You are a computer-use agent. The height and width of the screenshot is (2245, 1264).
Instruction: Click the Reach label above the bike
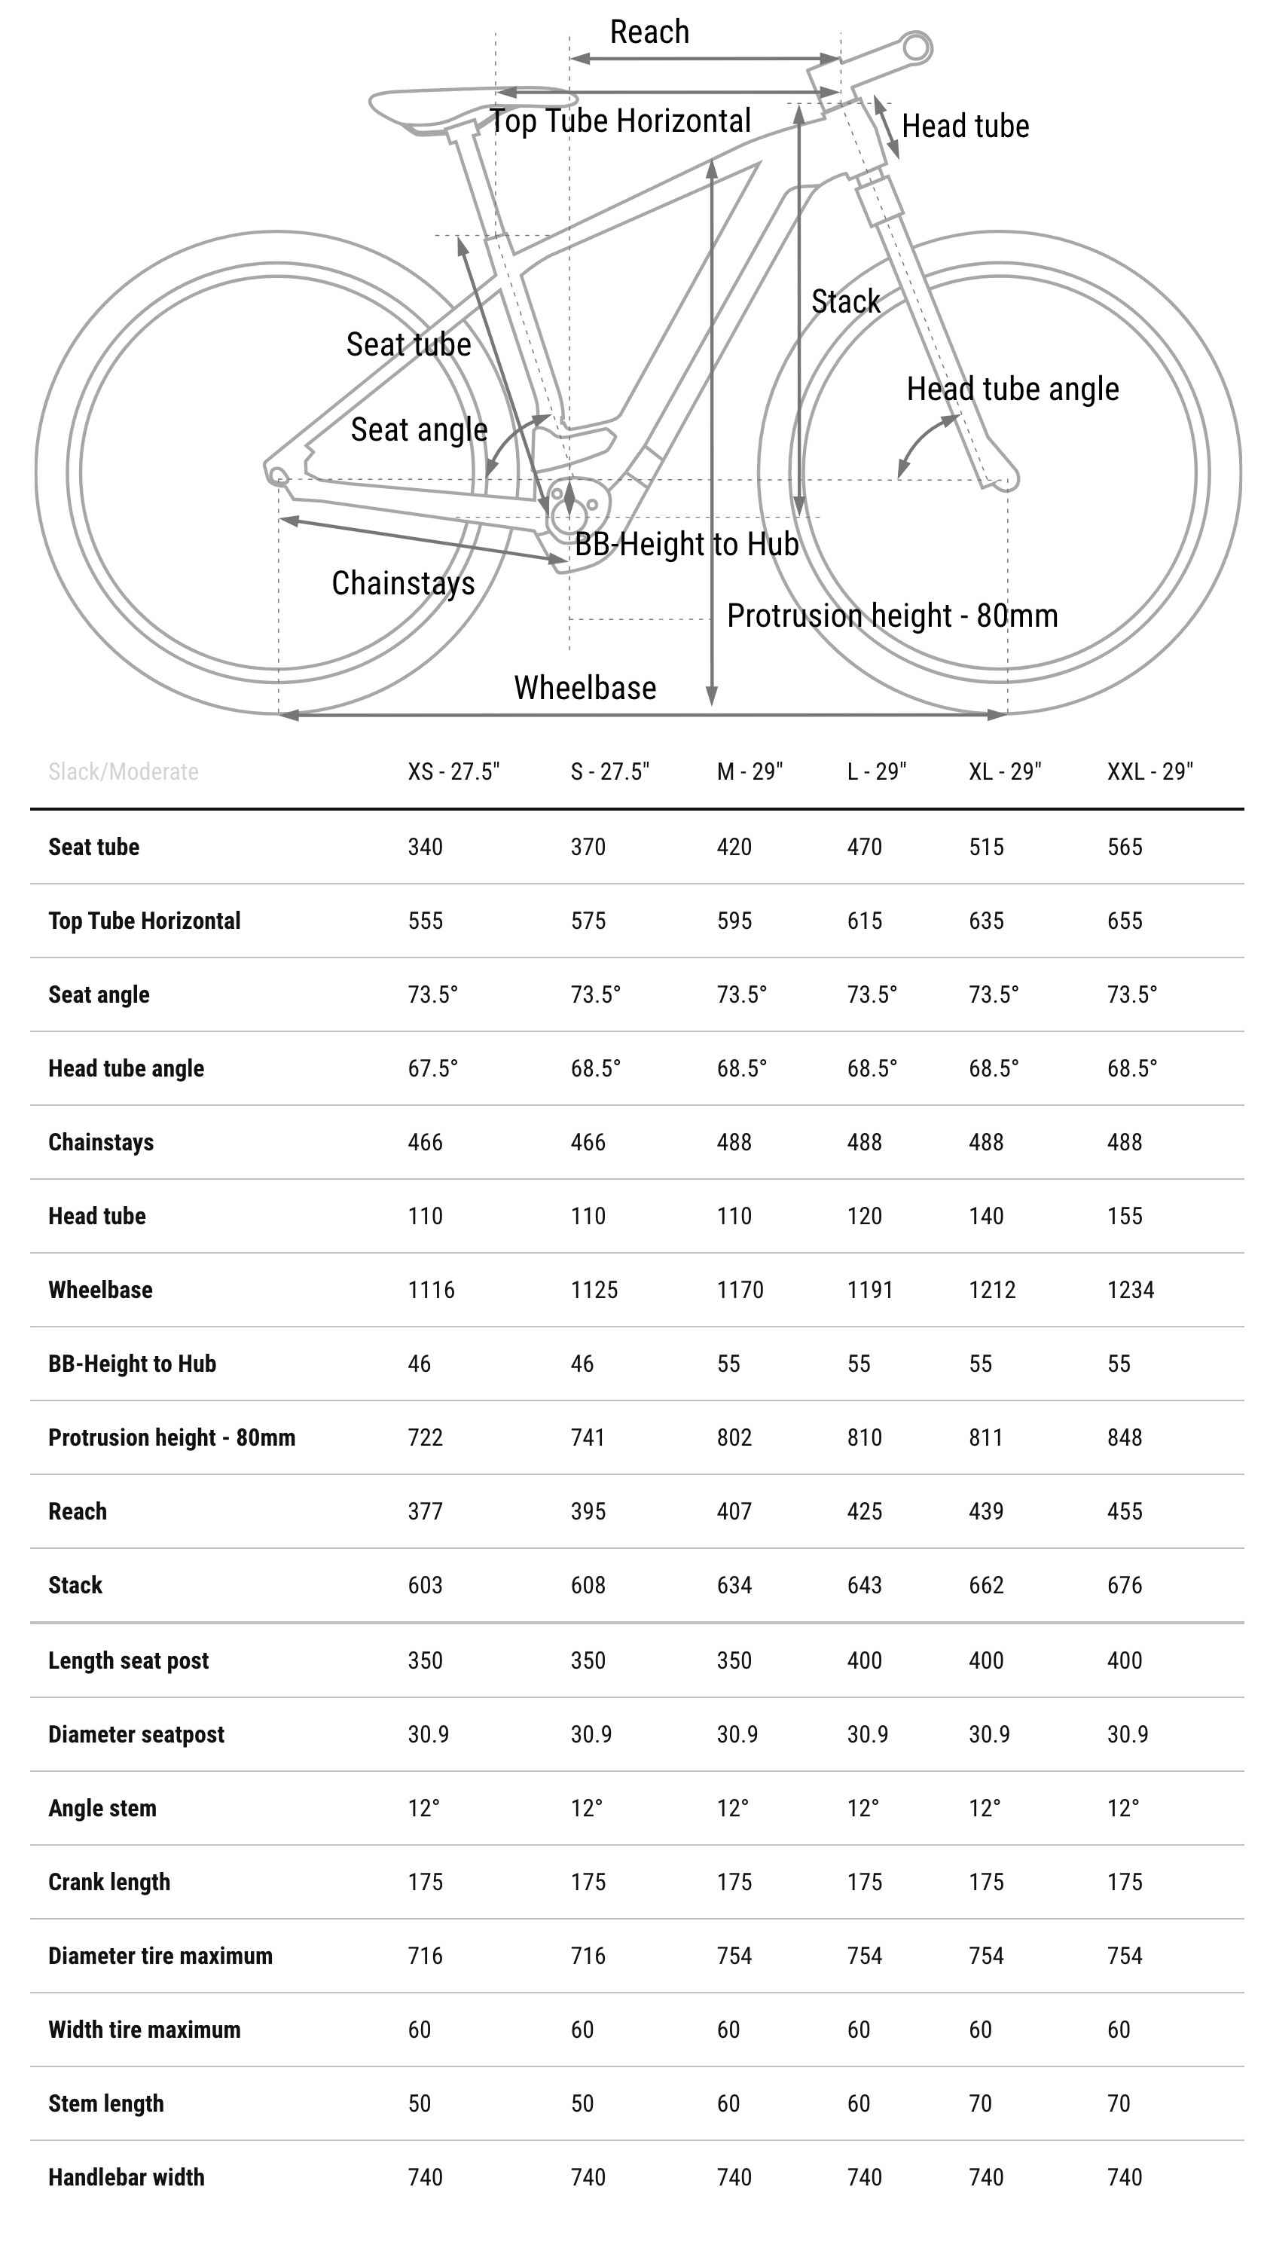click(649, 32)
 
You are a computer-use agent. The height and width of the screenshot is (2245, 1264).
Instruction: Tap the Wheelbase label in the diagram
click(585, 688)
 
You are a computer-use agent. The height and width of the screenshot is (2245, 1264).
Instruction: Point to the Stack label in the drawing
click(845, 301)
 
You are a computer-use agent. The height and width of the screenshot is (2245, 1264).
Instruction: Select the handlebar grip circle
click(917, 47)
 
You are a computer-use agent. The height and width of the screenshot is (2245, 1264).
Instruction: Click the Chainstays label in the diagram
click(403, 583)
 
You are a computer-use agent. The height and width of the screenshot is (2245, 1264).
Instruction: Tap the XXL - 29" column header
click(1149, 771)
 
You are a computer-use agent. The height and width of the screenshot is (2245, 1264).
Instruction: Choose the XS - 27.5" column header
click(453, 771)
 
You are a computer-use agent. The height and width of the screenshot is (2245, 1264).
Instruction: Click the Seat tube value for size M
click(734, 847)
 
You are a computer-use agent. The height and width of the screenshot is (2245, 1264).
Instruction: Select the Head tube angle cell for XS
click(432, 1068)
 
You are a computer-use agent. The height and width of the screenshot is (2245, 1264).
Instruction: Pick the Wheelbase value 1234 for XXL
click(1130, 1290)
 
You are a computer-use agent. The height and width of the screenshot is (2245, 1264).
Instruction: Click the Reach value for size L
click(864, 1511)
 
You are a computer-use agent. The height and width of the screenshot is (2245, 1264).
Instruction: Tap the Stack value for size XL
click(986, 1585)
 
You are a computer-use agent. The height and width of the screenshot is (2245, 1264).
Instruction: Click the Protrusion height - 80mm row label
click(172, 1438)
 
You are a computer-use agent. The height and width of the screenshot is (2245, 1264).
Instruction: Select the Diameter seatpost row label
click(136, 1734)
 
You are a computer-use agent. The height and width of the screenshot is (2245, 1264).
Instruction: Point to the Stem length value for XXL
click(1119, 2104)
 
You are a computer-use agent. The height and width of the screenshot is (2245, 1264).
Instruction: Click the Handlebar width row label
click(127, 2178)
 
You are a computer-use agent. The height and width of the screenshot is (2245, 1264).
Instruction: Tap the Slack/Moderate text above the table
click(123, 771)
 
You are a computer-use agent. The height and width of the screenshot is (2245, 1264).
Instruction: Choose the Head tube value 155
click(1124, 1217)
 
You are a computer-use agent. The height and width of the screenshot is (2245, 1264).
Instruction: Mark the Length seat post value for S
click(588, 1660)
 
